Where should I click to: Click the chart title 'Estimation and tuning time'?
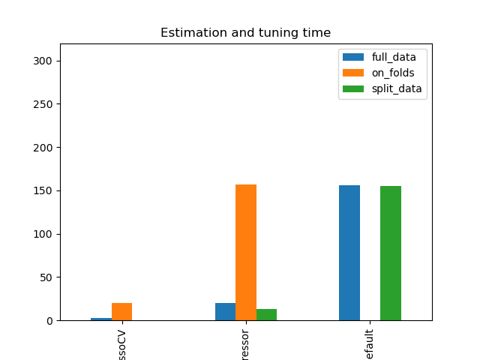tap(245, 33)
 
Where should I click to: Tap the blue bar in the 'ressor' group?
tap(225, 312)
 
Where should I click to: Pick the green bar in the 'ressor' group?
tap(266, 315)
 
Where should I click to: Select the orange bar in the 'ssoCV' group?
tap(121, 312)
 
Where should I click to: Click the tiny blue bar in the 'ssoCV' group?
tap(101, 319)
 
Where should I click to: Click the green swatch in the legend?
tap(353, 88)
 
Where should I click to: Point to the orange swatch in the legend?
tap(353, 73)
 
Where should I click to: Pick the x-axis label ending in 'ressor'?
tap(246, 342)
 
